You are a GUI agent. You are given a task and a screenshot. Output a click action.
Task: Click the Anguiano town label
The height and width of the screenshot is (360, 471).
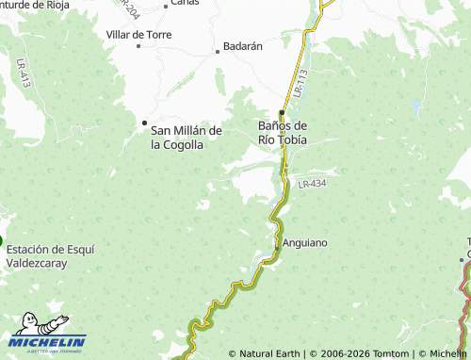pos(305,242)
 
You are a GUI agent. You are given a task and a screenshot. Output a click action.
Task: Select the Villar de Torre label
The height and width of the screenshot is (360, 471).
pos(138,34)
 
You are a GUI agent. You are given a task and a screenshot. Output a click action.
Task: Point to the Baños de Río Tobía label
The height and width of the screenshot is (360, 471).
pos(283,132)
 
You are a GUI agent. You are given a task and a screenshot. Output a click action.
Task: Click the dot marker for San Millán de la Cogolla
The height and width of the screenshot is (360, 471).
pos(144,123)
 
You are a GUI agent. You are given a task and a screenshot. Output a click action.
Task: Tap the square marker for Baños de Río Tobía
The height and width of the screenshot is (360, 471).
pos(282,112)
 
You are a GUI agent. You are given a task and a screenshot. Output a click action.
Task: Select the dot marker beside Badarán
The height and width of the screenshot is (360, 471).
pos(218,51)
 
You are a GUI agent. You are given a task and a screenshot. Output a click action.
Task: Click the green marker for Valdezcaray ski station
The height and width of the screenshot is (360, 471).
pos(1,240)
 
